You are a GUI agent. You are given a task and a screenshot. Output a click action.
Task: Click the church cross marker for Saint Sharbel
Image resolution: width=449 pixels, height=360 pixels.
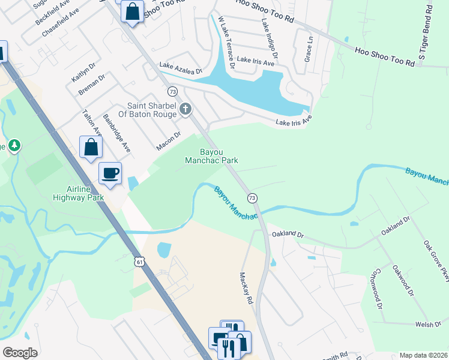(x=185, y=109)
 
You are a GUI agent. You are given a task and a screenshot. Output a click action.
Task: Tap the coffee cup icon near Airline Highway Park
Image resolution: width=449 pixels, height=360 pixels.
(x=110, y=173)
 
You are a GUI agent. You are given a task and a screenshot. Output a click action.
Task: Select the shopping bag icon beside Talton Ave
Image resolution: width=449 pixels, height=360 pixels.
(x=91, y=147)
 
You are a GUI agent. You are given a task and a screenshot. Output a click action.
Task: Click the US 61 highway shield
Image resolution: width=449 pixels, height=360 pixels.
(x=139, y=262)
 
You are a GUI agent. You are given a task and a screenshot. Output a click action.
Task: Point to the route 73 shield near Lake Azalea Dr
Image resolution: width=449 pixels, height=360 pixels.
(x=173, y=91)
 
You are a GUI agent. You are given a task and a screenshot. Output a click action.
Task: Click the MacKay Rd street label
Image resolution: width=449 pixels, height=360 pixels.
(x=244, y=271)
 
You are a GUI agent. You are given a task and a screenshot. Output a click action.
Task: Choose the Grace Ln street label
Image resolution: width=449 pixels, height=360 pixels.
(x=309, y=49)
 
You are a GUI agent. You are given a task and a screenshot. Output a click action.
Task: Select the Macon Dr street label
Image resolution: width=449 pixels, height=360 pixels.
(x=168, y=142)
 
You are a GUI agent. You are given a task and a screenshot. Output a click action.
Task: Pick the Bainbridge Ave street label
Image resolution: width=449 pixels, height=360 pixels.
(x=116, y=133)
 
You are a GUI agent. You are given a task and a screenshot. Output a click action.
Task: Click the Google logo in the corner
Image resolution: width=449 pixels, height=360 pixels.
(x=20, y=353)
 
